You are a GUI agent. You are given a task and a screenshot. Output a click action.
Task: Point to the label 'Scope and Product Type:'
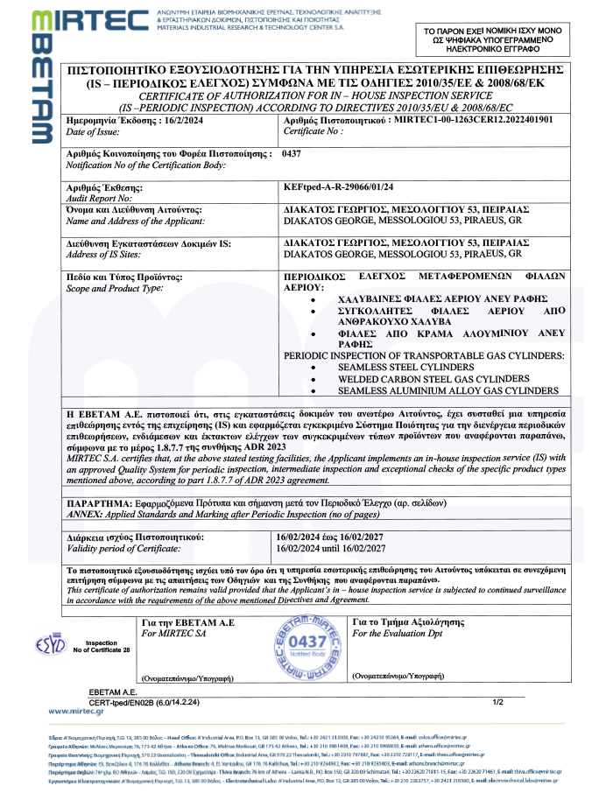tap(115, 288)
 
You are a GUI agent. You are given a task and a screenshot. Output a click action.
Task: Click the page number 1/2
tap(498, 702)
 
